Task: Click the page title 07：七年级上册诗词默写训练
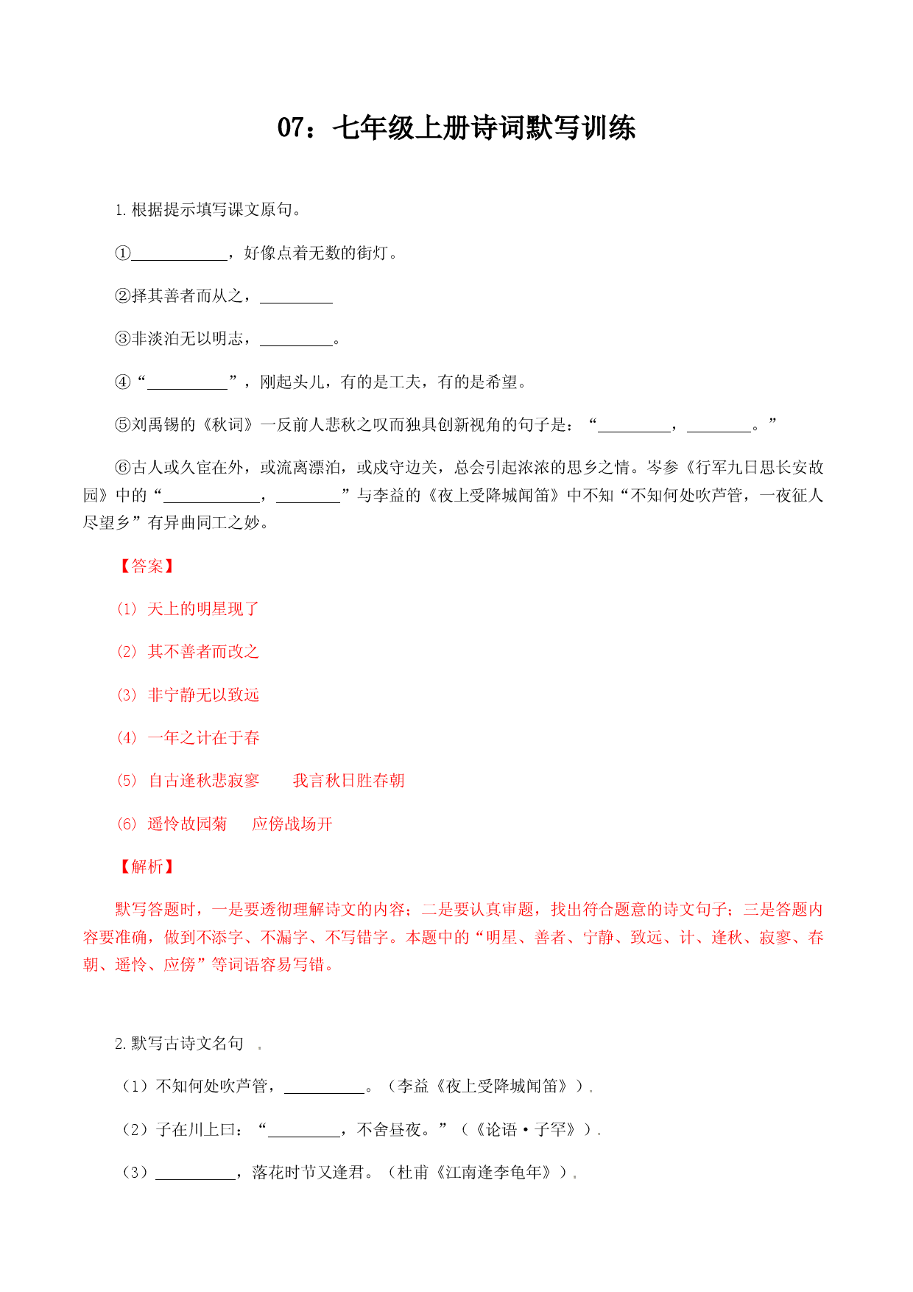pyautogui.click(x=456, y=127)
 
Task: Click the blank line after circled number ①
pyautogui.click(x=180, y=260)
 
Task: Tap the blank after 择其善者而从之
pyautogui.click(x=297, y=303)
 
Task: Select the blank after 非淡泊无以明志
pyautogui.click(x=297, y=345)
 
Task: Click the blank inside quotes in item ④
pyautogui.click(x=188, y=389)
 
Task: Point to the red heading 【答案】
pyautogui.click(x=147, y=566)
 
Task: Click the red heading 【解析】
pyautogui.click(x=147, y=866)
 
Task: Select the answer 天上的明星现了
pyautogui.click(x=203, y=608)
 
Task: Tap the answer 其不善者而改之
pyautogui.click(x=203, y=651)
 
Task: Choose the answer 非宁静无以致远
pyautogui.click(x=203, y=695)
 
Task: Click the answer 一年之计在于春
pyautogui.click(x=203, y=737)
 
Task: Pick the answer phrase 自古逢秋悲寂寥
pyautogui.click(x=204, y=780)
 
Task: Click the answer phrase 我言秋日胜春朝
pyautogui.click(x=348, y=780)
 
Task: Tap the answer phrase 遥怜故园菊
pyautogui.click(x=187, y=824)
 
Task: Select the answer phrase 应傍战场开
pyautogui.click(x=292, y=824)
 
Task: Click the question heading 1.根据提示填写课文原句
pyautogui.click(x=208, y=210)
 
